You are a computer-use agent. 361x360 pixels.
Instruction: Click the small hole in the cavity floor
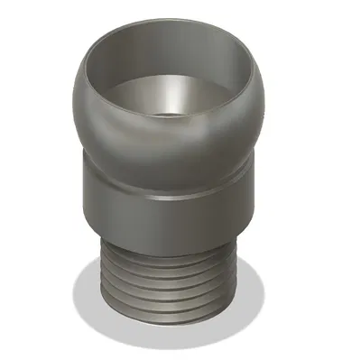tap(171, 114)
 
